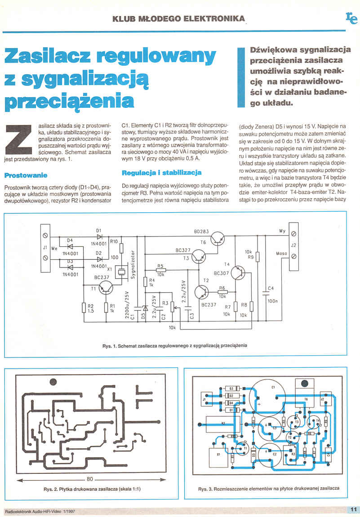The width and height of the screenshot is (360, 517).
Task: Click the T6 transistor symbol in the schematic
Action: click(218, 238)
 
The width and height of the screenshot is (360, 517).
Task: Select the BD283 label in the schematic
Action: click(201, 232)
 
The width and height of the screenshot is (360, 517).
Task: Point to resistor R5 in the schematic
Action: click(160, 270)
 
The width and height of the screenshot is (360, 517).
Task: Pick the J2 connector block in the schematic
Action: click(293, 247)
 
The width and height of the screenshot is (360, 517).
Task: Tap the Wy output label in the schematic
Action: click(282, 231)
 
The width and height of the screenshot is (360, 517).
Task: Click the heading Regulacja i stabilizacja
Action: click(161, 172)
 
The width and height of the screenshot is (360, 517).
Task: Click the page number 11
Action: click(352, 509)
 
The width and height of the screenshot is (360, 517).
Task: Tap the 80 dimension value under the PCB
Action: click(89, 478)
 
